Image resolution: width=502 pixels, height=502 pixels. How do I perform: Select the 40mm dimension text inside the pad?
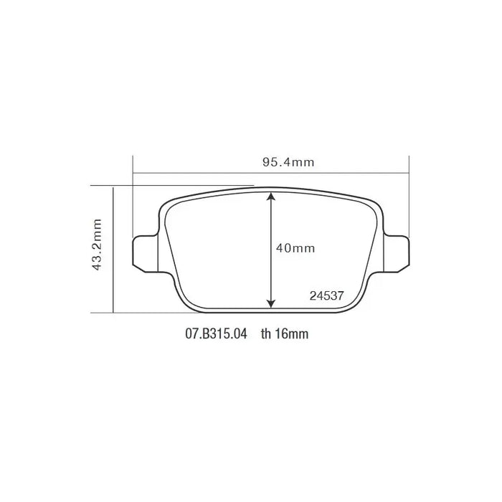pyautogui.click(x=295, y=248)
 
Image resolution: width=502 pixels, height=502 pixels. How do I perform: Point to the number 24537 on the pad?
pyautogui.click(x=326, y=295)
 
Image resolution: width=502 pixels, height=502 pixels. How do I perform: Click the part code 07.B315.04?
pyautogui.click(x=216, y=334)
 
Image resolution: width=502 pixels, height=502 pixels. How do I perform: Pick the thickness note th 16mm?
pyautogui.click(x=285, y=334)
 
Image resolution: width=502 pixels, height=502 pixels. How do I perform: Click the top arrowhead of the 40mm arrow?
pyautogui.click(x=270, y=196)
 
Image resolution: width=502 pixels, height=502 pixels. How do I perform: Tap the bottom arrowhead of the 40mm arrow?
pyautogui.click(x=270, y=303)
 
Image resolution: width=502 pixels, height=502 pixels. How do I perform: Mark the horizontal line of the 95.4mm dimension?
pyautogui.click(x=215, y=172)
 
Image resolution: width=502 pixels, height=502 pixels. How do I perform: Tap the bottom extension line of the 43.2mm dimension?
pyautogui.click(x=143, y=312)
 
